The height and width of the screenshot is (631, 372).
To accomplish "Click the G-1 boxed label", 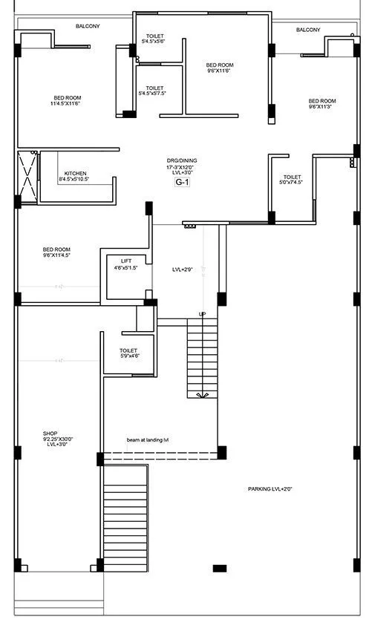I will click(182, 182).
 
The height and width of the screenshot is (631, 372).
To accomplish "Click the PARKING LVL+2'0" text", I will click(270, 489).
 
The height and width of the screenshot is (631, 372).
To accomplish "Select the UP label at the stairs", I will click(202, 314).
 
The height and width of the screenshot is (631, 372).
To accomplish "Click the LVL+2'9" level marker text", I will click(183, 269).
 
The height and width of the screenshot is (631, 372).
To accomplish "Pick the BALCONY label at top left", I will click(88, 26).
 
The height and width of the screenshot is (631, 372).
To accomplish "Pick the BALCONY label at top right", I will click(307, 30).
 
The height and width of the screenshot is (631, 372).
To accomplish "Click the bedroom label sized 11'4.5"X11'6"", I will click(67, 101).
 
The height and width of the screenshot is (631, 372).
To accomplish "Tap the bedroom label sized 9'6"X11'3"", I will click(322, 104).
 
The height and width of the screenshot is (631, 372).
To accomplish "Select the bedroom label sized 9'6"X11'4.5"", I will click(56, 252).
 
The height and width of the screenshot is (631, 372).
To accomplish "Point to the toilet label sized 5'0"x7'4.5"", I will click(291, 180).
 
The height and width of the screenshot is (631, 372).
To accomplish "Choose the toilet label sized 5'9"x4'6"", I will click(129, 353).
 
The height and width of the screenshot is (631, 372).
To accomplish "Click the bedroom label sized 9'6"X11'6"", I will click(220, 68).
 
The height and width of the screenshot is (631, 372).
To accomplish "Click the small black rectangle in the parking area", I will click(219, 568).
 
